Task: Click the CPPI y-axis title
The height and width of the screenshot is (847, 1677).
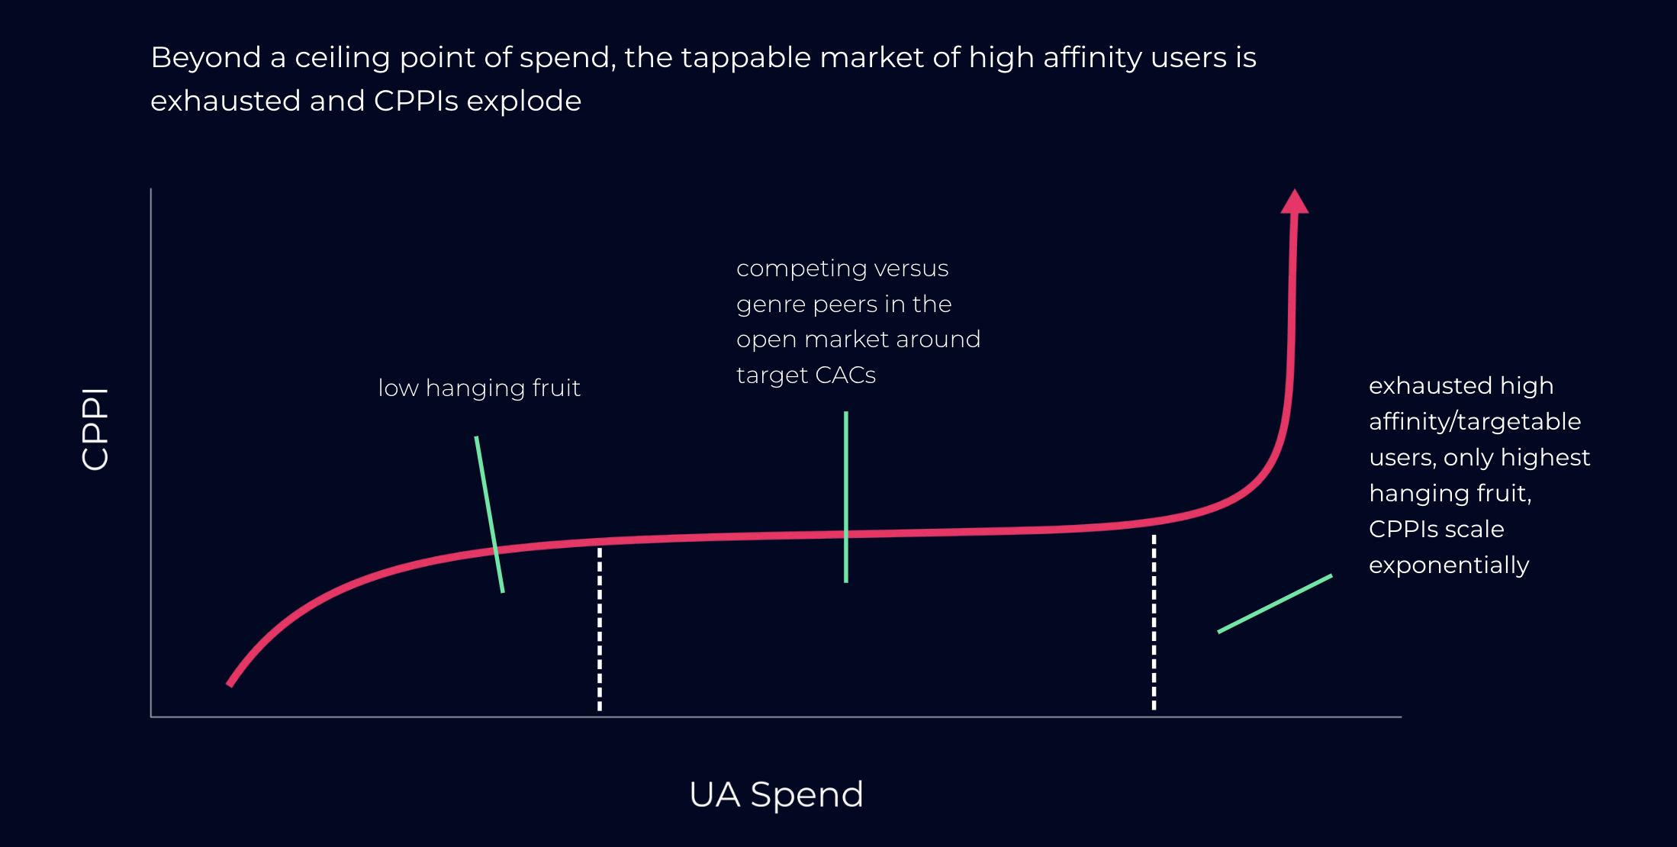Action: pyautogui.click(x=95, y=429)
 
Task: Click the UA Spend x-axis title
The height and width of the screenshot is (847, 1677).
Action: pyautogui.click(x=776, y=795)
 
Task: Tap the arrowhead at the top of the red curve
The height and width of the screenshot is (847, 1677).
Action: pyautogui.click(x=1294, y=202)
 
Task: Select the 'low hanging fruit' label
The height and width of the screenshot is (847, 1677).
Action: pyautogui.click(x=479, y=388)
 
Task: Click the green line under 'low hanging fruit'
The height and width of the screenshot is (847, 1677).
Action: pyautogui.click(x=489, y=514)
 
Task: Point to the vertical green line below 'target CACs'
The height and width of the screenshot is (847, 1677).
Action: pyautogui.click(x=846, y=496)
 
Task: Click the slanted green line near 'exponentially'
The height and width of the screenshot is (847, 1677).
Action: pyautogui.click(x=1275, y=604)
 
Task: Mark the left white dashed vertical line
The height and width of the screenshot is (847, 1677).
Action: pyautogui.click(x=600, y=629)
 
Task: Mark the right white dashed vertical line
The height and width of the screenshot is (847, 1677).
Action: pyautogui.click(x=1154, y=622)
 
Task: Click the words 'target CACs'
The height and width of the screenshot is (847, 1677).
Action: pyautogui.click(x=806, y=375)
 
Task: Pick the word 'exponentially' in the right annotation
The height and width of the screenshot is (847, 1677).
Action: pyautogui.click(x=1448, y=565)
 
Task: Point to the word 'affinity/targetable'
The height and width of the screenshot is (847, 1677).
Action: pyautogui.click(x=1474, y=422)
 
